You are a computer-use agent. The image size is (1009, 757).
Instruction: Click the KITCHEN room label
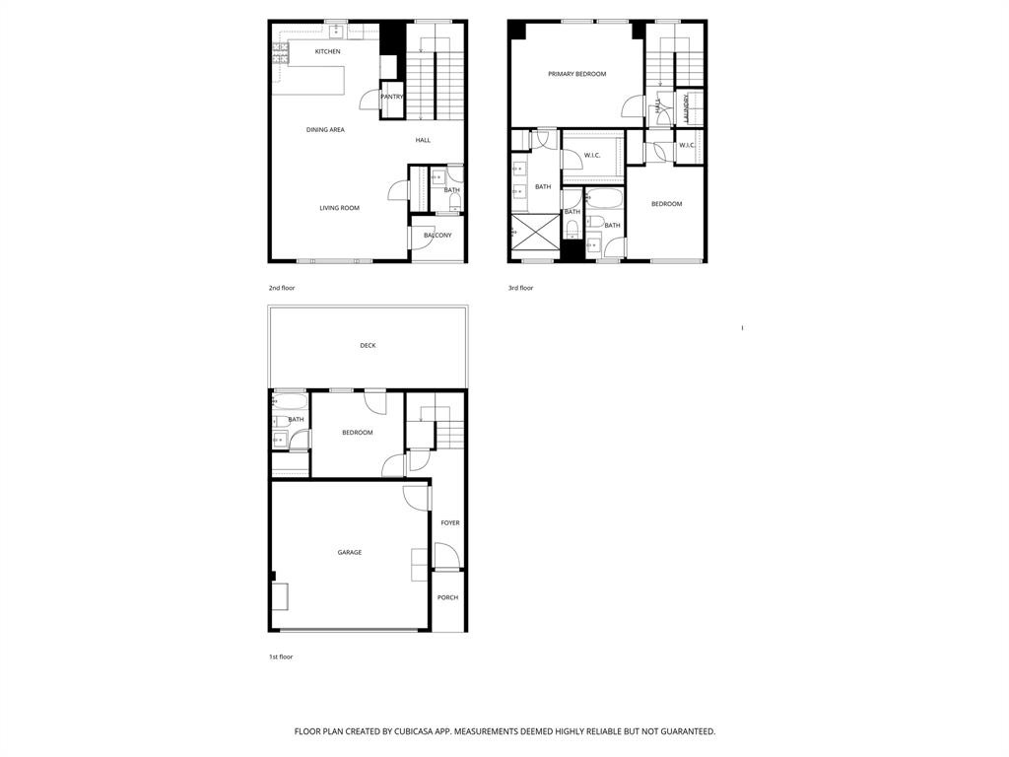(328, 51)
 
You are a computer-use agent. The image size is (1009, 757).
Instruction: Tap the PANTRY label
(392, 97)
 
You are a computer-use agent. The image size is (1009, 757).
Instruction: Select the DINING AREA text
(325, 130)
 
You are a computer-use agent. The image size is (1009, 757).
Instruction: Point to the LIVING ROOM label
(339, 208)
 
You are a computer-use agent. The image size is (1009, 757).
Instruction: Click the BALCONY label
(437, 236)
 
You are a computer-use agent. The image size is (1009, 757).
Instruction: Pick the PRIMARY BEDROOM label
(576, 74)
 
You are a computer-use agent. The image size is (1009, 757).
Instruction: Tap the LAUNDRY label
(688, 108)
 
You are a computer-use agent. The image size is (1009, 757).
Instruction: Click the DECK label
(368, 346)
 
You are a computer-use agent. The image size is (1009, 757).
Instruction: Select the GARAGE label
(350, 553)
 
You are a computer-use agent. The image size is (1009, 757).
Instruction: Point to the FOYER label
(450, 523)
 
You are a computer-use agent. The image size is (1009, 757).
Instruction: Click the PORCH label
(448, 597)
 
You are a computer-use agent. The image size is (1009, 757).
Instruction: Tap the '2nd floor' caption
(282, 288)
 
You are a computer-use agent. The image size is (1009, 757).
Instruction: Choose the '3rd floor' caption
(520, 288)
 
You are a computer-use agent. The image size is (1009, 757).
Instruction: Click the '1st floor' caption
(281, 656)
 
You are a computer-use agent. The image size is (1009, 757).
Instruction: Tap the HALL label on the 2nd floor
(423, 140)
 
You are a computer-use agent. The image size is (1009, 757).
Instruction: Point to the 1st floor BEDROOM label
(358, 433)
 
